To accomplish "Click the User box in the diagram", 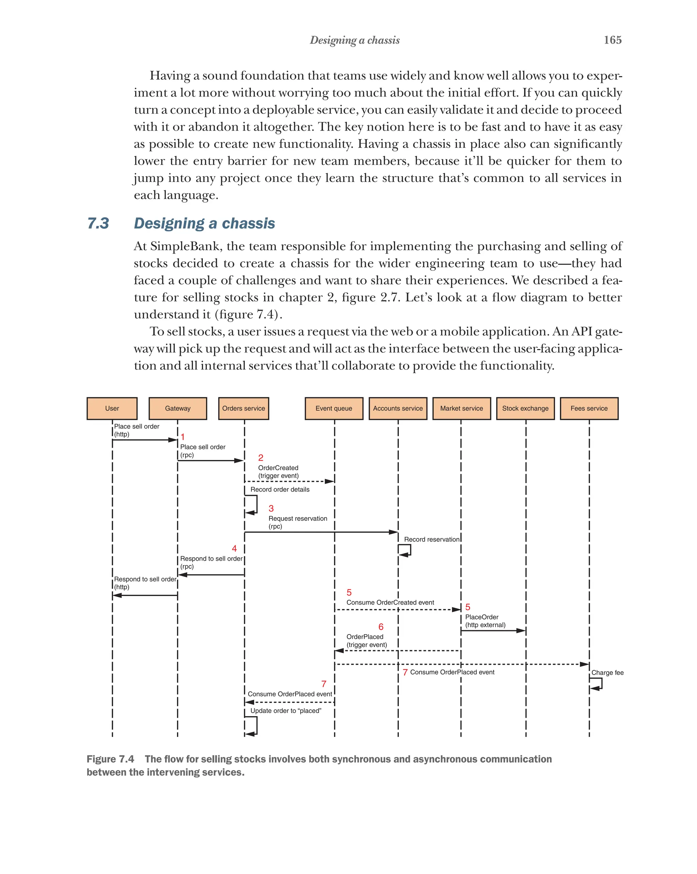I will click(x=112, y=408).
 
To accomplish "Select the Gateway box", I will click(x=178, y=408).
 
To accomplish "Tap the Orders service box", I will click(x=243, y=408).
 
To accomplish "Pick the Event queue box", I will click(x=334, y=408).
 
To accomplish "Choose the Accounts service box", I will click(x=398, y=408).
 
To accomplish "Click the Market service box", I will click(x=461, y=408).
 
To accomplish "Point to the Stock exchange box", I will click(x=525, y=408).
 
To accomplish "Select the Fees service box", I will click(x=589, y=408).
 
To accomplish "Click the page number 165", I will click(x=612, y=40).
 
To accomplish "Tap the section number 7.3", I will click(x=98, y=224).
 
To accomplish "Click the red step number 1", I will click(x=183, y=437).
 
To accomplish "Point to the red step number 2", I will click(x=261, y=458).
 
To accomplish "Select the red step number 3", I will click(x=271, y=508).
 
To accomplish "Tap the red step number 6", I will click(x=381, y=627).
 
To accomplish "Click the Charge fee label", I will click(x=607, y=673).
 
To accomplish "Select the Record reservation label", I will click(x=432, y=539).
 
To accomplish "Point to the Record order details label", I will click(x=280, y=489).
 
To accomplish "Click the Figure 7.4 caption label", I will click(x=110, y=759).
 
